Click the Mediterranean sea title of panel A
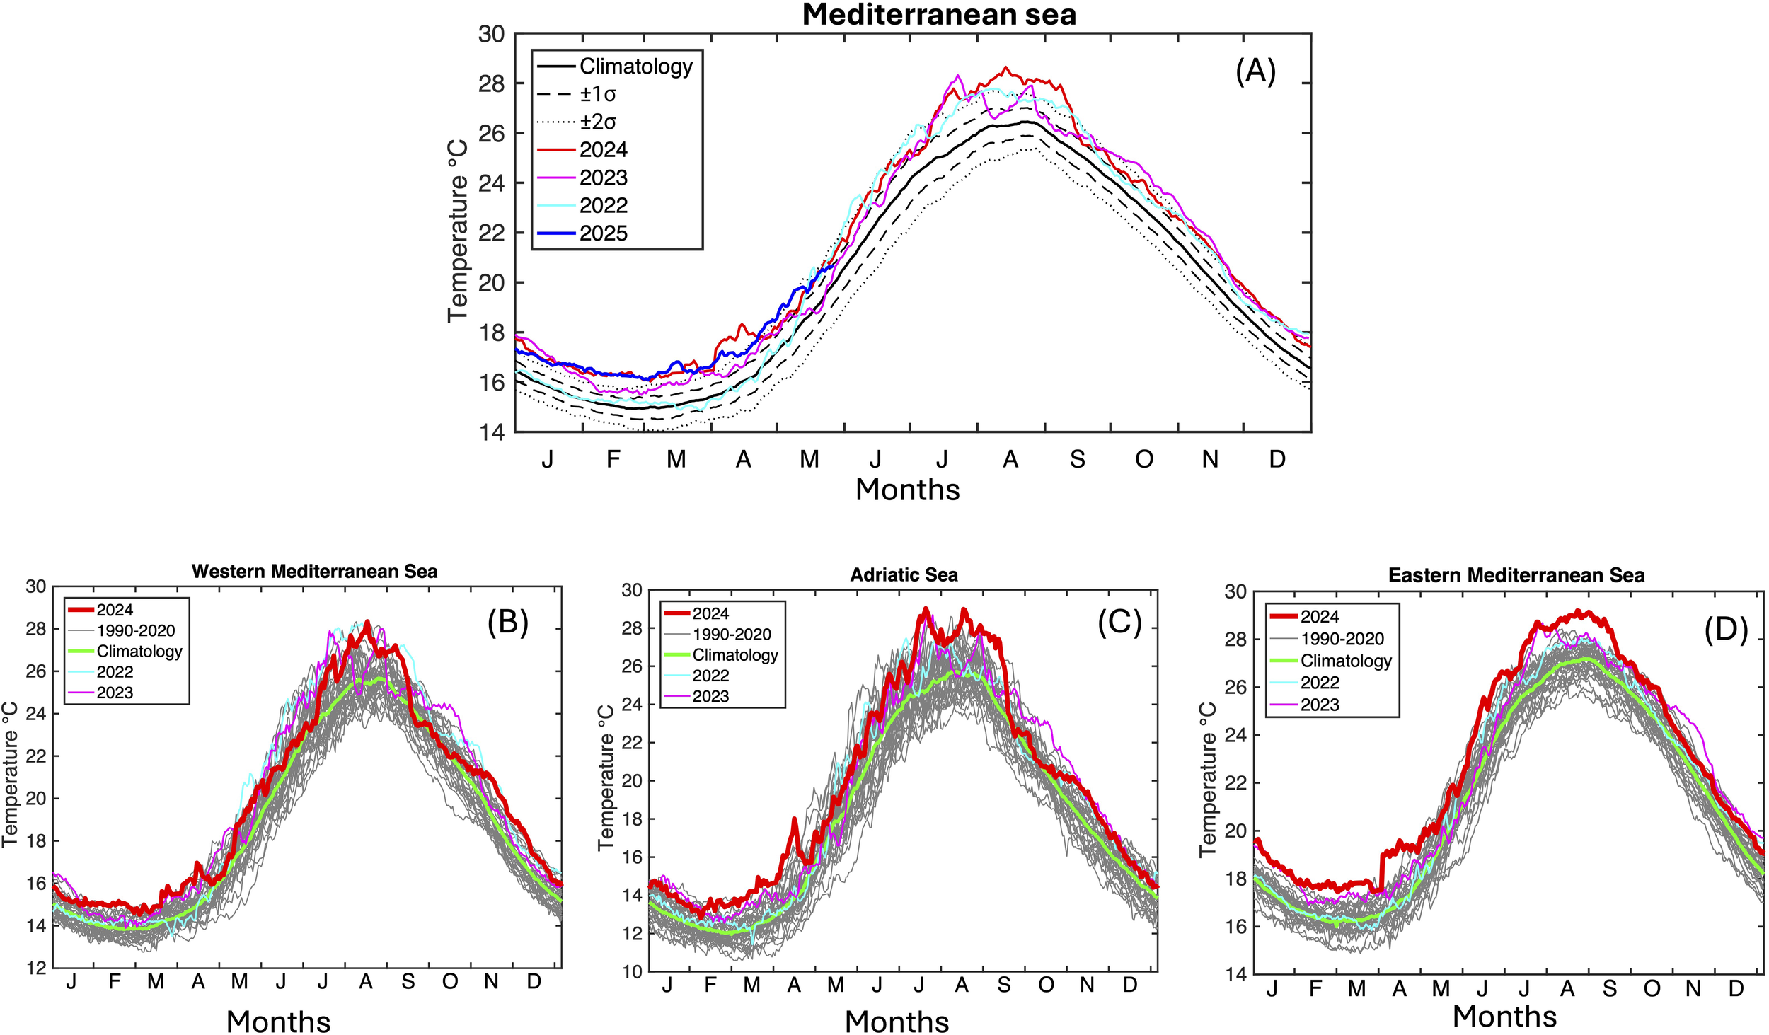tap(938, 15)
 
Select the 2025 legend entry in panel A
tap(603, 233)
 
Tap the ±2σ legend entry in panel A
tap(598, 122)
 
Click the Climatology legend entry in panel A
tap(635, 67)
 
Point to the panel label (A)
tap(1255, 71)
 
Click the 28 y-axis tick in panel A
tap(491, 83)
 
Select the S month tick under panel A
tap(1077, 460)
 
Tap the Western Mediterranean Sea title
tap(314, 572)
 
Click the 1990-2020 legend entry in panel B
tap(135, 630)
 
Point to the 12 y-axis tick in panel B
tap(36, 968)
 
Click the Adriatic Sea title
tap(904, 575)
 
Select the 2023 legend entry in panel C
tap(710, 696)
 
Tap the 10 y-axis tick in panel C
tap(632, 972)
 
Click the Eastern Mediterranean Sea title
tap(1516, 576)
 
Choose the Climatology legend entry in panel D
tap(1345, 661)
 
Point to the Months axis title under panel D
tap(1504, 1017)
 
